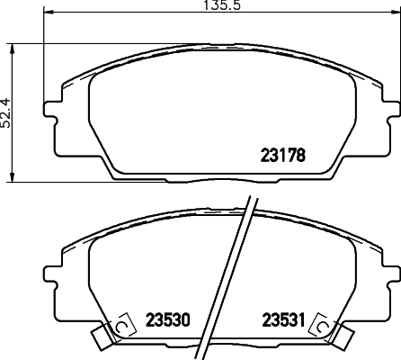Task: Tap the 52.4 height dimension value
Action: pyautogui.click(x=6, y=112)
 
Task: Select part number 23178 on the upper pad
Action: pyautogui.click(x=283, y=155)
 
